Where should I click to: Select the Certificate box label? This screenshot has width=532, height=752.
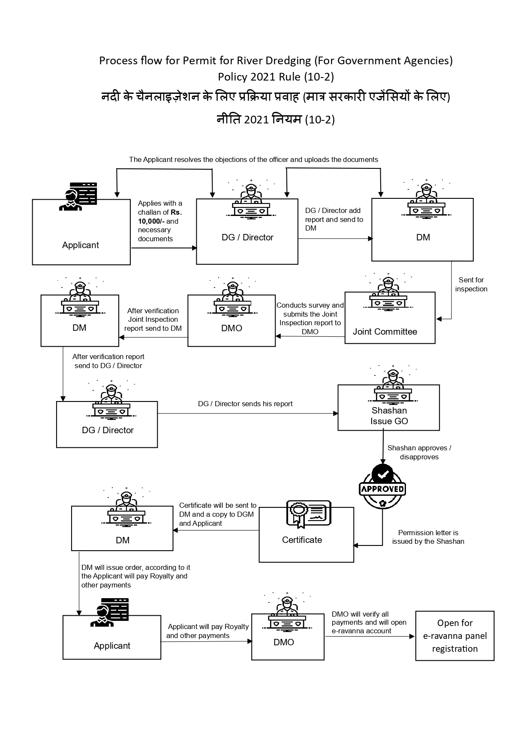[302, 540]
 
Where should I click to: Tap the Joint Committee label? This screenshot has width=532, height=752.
[385, 332]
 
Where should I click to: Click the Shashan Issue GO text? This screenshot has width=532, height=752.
[389, 416]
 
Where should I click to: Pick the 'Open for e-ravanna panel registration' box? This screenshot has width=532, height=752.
[454, 635]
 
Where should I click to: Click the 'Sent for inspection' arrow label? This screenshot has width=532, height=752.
[471, 284]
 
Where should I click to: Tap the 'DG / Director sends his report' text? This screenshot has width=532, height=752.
[245, 404]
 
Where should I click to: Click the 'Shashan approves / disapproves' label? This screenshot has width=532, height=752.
[419, 452]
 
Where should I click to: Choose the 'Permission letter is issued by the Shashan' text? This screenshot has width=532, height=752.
[428, 537]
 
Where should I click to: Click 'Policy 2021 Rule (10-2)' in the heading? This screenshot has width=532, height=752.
[276, 77]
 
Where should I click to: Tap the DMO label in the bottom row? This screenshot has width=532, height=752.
[284, 642]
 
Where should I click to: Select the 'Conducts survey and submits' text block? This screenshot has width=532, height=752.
[310, 318]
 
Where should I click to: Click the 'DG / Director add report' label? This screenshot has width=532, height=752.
[334, 219]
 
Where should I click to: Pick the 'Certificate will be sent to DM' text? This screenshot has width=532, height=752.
[218, 514]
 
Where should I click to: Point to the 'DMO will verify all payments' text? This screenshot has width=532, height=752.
[369, 622]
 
